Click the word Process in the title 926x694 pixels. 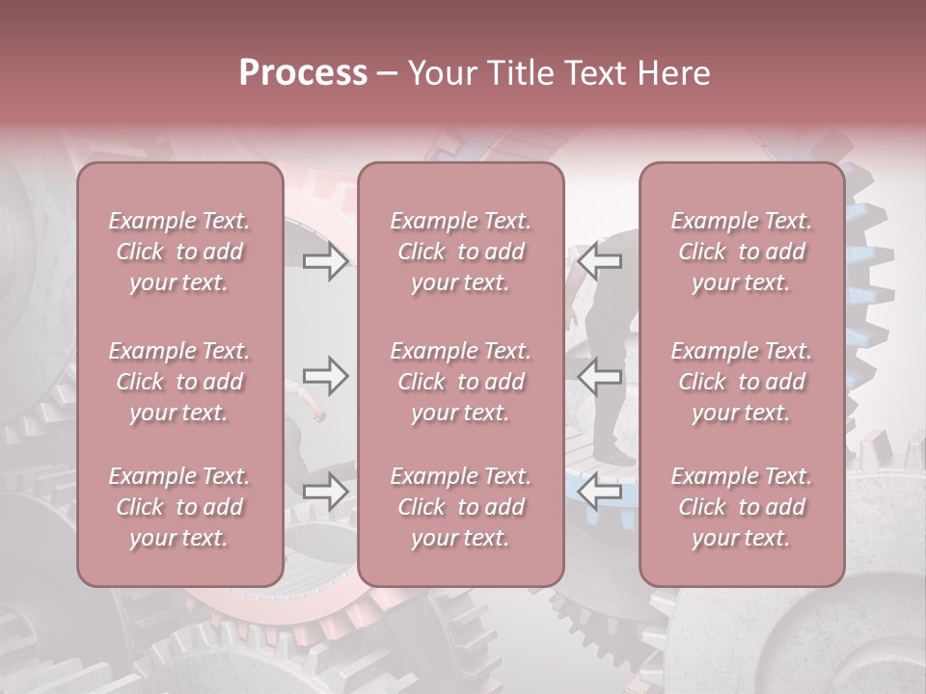[x=303, y=73]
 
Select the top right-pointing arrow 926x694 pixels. [x=325, y=260]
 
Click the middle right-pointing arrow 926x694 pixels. [x=325, y=376]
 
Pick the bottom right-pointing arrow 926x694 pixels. [x=325, y=492]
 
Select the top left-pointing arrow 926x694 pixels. [x=600, y=260]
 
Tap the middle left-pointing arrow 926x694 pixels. [x=600, y=376]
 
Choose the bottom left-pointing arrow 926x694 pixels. [x=600, y=492]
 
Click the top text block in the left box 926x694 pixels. [x=179, y=252]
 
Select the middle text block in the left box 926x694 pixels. [x=179, y=382]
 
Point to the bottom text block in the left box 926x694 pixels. [x=179, y=507]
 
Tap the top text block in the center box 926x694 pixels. [x=461, y=252]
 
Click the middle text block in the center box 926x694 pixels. [x=461, y=382]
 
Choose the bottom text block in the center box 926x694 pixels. [x=461, y=507]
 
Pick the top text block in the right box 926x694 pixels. [x=742, y=252]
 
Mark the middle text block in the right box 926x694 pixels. [x=742, y=382]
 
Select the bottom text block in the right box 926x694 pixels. [x=742, y=507]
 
